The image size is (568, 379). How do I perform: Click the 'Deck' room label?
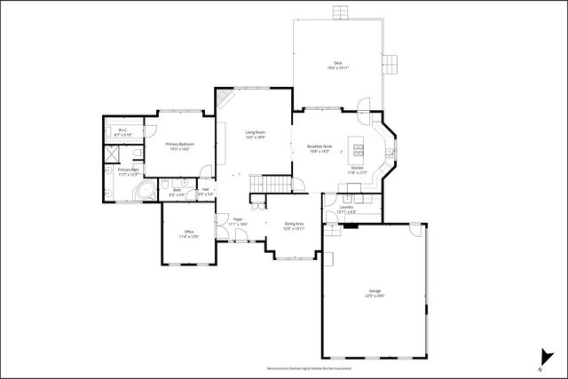pos(337,63)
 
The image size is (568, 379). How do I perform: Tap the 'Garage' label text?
pos(375,290)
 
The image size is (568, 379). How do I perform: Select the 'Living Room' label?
pos(255,132)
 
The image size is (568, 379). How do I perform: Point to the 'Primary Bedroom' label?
pos(179,144)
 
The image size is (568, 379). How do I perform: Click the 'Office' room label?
pos(188,233)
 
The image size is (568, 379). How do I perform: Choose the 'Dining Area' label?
pos(294,224)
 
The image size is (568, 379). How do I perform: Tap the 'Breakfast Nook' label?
pos(319,146)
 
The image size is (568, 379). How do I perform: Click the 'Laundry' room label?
pos(345,208)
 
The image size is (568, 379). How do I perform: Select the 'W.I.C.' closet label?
pos(122,130)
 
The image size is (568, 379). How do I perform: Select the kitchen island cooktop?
pos(359,147)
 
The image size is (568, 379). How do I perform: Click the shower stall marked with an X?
pos(113,152)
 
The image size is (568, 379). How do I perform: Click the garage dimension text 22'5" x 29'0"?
pos(375,296)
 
